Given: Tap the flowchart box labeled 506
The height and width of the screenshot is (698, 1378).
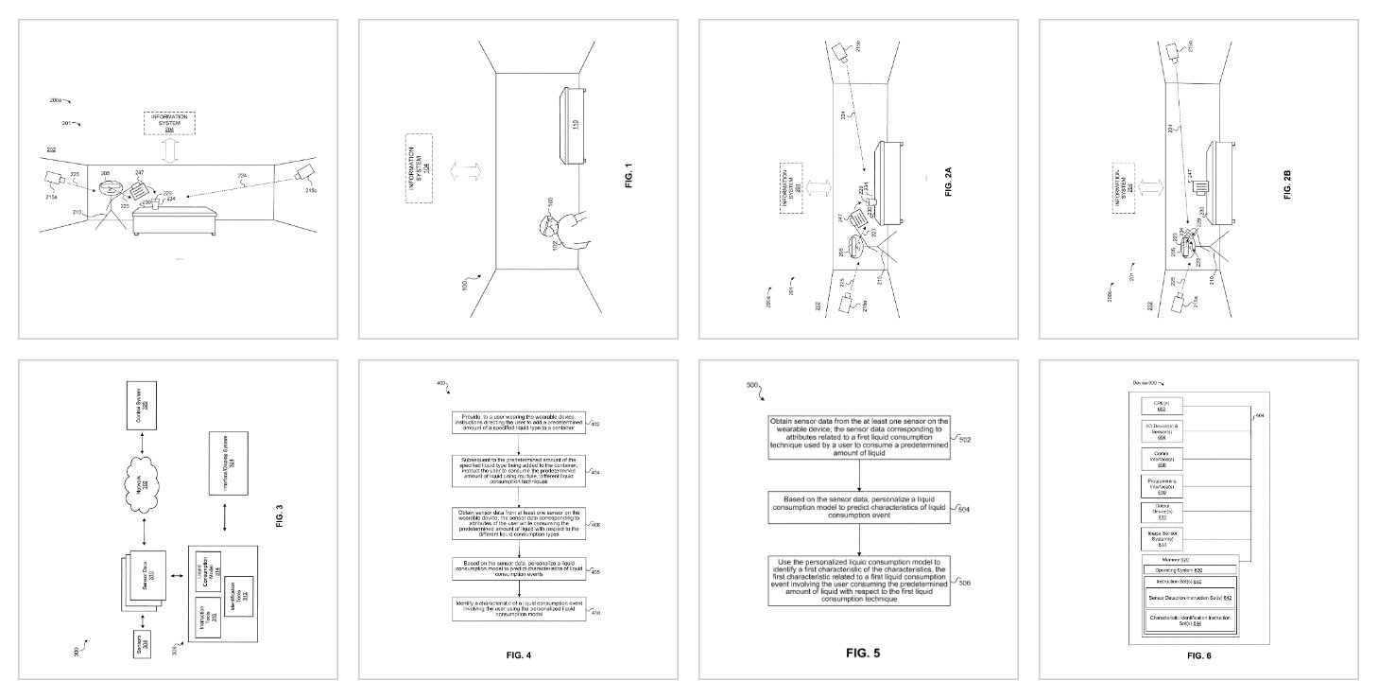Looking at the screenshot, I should point(859,580).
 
